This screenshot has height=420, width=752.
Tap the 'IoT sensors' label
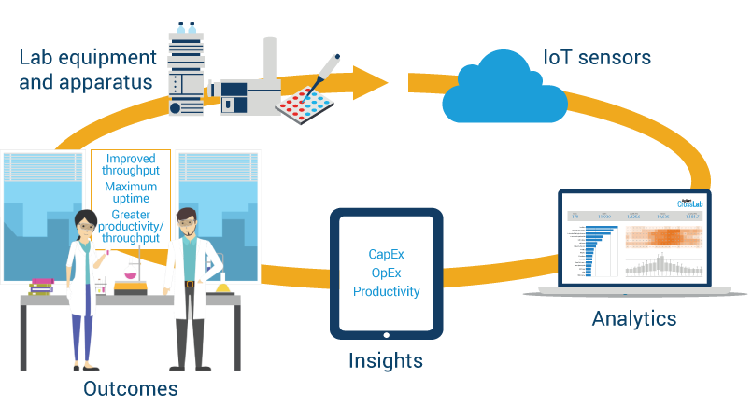click(597, 58)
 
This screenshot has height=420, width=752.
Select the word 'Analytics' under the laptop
click(633, 319)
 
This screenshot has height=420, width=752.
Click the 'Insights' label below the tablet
click(386, 360)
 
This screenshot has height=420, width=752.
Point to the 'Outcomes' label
click(130, 388)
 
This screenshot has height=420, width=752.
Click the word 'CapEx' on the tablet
click(386, 254)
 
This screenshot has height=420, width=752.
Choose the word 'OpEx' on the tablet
click(386, 273)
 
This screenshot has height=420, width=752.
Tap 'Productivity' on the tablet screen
click(386, 291)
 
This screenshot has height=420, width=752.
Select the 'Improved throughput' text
click(130, 165)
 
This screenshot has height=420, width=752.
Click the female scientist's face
click(85, 226)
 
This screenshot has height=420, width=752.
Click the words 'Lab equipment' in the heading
click(85, 59)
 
